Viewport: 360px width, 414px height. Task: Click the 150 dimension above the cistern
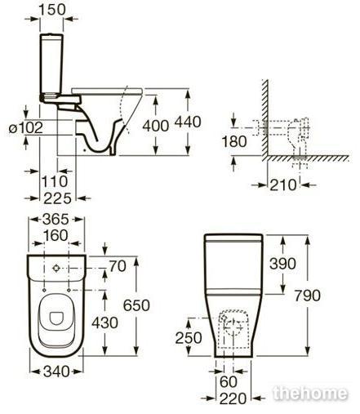(x=52, y=9)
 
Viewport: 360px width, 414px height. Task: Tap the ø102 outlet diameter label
(x=26, y=127)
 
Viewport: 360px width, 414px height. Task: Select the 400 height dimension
(x=156, y=126)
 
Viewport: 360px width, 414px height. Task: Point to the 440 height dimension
(x=188, y=122)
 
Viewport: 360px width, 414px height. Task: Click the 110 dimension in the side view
(x=55, y=181)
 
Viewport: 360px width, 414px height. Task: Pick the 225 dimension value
(x=57, y=198)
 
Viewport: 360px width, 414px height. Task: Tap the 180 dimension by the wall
(x=234, y=141)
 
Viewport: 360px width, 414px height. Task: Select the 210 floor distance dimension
(x=283, y=185)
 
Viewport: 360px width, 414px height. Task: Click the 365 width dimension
(x=56, y=219)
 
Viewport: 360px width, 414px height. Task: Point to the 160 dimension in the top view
(x=56, y=235)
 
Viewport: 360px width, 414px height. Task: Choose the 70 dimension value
(x=118, y=266)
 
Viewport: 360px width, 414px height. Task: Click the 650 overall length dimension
(x=136, y=305)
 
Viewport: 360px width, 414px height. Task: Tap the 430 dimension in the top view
(x=104, y=323)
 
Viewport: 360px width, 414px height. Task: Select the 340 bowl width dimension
(x=56, y=372)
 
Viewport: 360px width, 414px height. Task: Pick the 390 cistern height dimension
(x=282, y=264)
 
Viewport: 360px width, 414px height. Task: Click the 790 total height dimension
(x=307, y=296)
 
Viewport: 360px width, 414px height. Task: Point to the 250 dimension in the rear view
(x=189, y=338)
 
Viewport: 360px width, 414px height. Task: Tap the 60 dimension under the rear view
(x=229, y=381)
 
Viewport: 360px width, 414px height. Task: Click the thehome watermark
(x=310, y=393)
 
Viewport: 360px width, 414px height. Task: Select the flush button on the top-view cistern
(x=56, y=269)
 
